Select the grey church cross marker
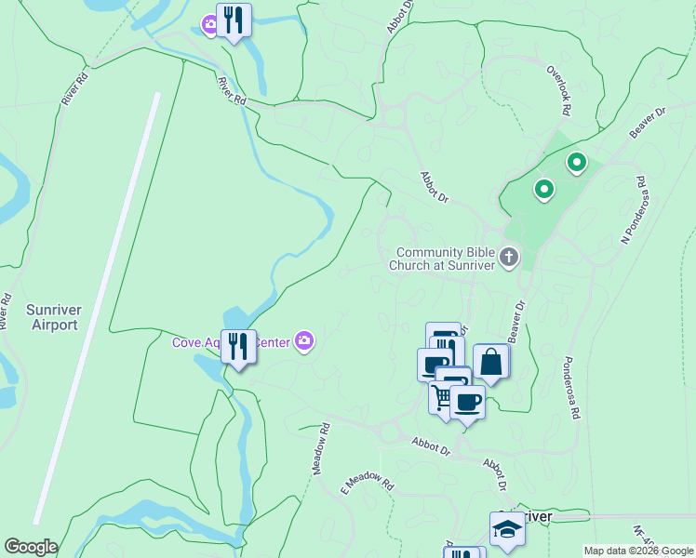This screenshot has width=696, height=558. (x=508, y=257)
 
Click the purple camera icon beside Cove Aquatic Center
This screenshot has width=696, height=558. (x=304, y=342)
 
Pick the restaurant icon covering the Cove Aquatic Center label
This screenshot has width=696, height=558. (x=238, y=347)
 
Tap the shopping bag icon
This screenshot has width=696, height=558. (x=491, y=363)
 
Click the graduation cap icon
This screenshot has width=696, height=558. (x=507, y=529)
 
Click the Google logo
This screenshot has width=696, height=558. (x=31, y=547)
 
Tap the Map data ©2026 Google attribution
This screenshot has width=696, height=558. (x=638, y=551)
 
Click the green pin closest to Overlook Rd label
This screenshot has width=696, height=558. (x=577, y=165)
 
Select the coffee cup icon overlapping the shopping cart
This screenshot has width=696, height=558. (x=468, y=403)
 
